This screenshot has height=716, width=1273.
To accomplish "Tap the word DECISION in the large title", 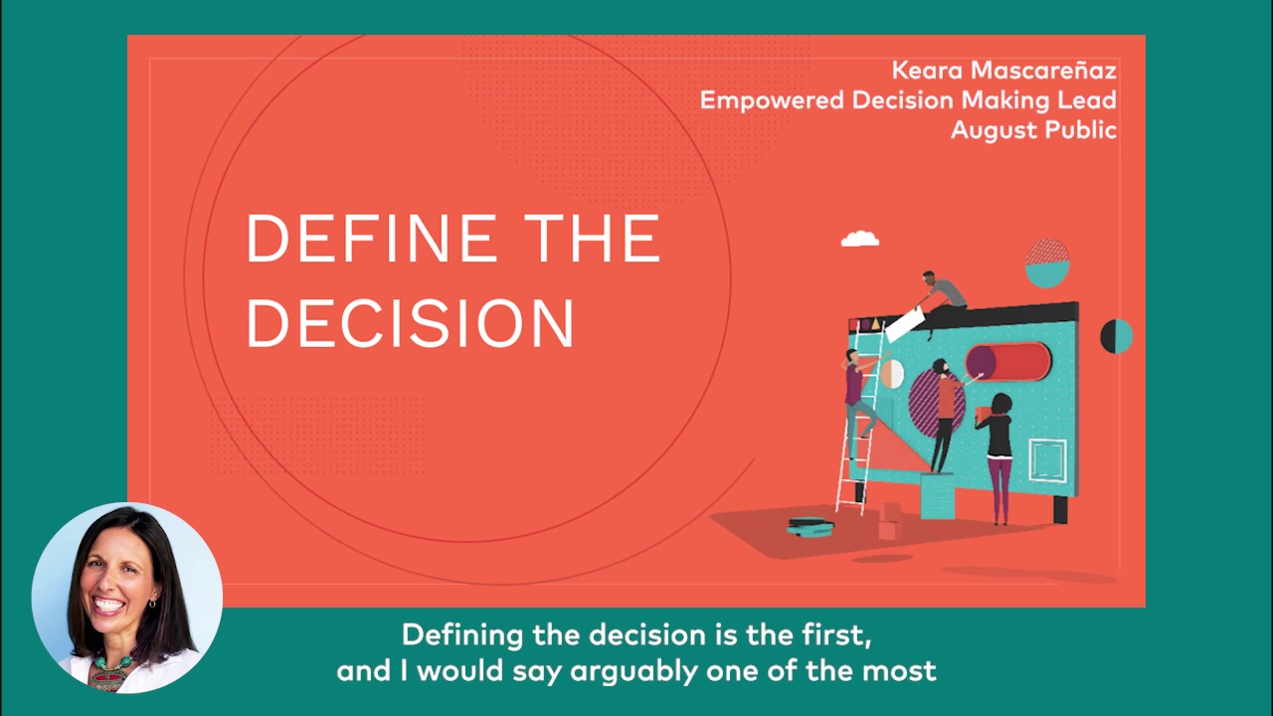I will click(x=410, y=323).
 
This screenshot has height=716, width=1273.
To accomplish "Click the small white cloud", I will click(x=860, y=239).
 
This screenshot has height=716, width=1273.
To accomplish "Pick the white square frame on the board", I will click(x=1047, y=459).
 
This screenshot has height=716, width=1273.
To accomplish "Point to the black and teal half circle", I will click(x=1116, y=336).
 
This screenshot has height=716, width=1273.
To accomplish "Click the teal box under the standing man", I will click(x=936, y=495).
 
